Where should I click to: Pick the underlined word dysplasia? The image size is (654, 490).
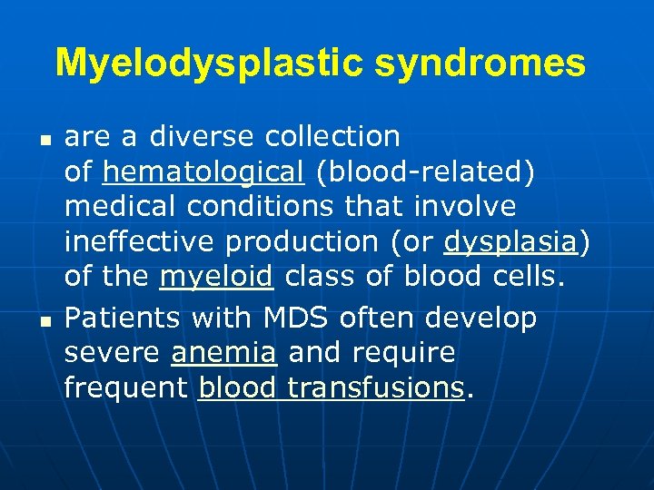click(x=511, y=242)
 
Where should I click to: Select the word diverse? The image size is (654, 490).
click(x=203, y=136)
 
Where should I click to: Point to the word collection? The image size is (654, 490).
click(x=332, y=136)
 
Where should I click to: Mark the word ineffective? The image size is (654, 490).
click(x=140, y=242)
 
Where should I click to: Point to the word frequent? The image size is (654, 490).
click(x=125, y=387)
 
